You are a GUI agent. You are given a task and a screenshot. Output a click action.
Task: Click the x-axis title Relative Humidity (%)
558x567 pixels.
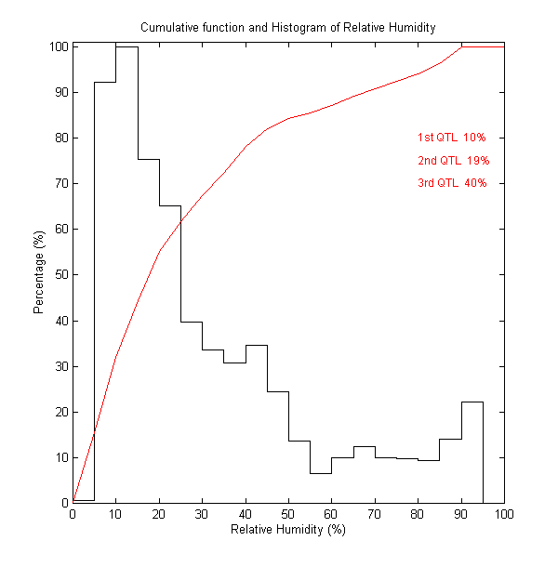tap(287, 530)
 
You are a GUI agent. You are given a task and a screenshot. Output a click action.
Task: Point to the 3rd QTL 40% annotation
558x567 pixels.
tap(452, 183)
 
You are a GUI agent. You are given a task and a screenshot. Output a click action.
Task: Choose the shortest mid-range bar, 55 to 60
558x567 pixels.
tap(321, 488)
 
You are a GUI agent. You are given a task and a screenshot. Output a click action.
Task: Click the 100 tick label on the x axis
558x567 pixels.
tap(504, 514)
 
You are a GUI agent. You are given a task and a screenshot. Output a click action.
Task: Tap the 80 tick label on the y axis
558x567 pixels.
tap(61, 138)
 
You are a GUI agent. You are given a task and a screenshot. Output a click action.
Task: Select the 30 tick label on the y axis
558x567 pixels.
tap(61, 366)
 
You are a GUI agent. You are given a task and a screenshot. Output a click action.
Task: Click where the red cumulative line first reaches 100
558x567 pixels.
tap(461, 46)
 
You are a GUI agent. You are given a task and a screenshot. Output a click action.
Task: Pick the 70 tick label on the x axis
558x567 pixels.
tap(375, 514)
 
